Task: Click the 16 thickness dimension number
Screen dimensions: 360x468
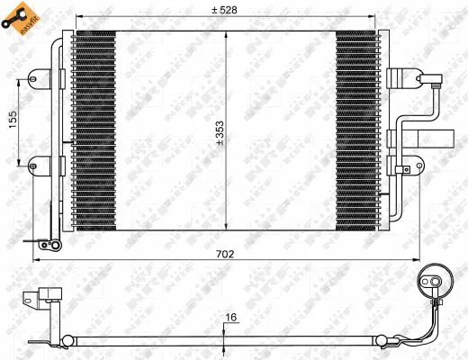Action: tap(231, 316)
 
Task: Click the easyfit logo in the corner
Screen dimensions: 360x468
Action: tap(19, 19)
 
